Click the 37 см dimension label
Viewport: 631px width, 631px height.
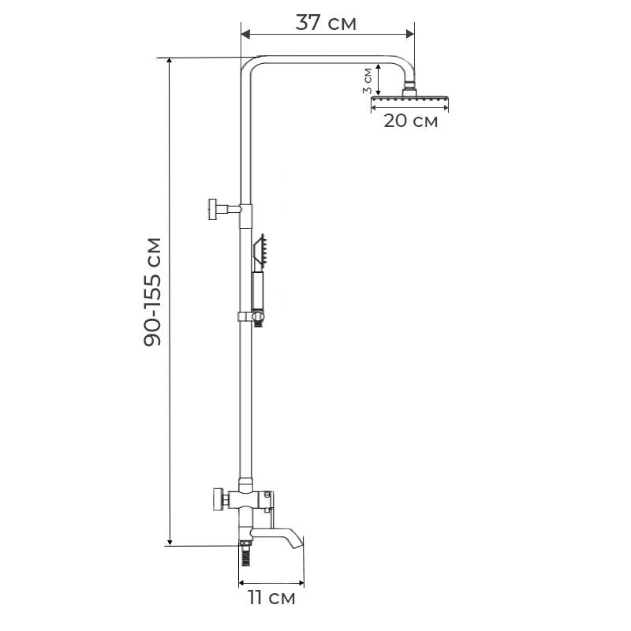326,23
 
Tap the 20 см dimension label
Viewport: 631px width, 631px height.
410,121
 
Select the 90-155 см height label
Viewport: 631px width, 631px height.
153,292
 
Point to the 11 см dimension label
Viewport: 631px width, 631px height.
271,598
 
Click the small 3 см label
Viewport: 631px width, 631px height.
368,80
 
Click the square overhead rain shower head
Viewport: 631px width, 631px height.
410,102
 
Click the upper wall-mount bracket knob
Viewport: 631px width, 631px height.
213,209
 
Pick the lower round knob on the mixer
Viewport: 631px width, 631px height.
215,499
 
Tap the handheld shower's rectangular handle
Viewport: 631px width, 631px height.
256,289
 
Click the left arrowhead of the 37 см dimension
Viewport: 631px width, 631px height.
245,34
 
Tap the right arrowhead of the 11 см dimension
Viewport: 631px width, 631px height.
300,584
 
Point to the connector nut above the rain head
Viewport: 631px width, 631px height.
410,88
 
